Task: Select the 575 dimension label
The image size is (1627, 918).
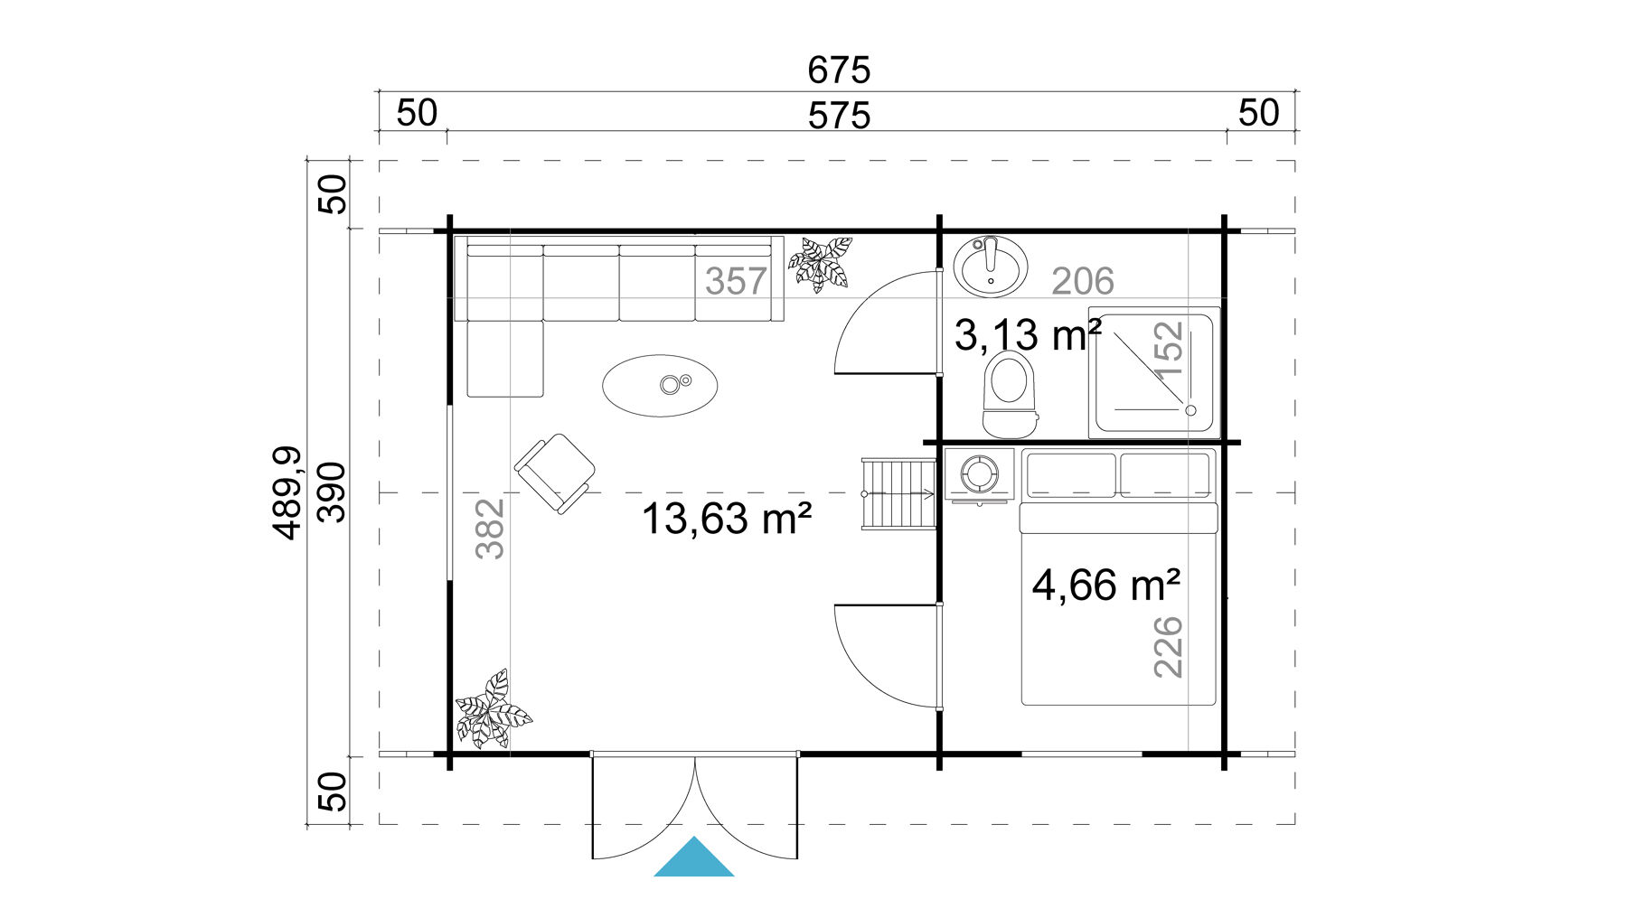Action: pos(838,117)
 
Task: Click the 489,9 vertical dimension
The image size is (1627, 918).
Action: pos(287,493)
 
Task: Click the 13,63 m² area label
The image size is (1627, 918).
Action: pos(726,520)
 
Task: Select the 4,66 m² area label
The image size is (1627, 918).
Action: pos(1105,585)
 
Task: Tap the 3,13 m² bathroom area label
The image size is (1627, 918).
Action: pos(1027,335)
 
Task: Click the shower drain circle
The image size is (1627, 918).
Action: pos(1190,410)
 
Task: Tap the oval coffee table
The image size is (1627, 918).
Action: pos(660,386)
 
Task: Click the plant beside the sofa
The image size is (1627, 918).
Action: pos(820,263)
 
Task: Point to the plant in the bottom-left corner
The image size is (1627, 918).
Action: pos(492,711)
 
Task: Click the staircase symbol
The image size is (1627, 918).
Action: pos(898,494)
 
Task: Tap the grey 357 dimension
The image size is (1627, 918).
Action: pos(736,282)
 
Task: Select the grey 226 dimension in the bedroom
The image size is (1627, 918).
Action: pos(1168,646)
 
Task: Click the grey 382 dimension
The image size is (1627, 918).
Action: pos(489,529)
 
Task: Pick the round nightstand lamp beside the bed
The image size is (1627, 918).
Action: pos(978,473)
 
